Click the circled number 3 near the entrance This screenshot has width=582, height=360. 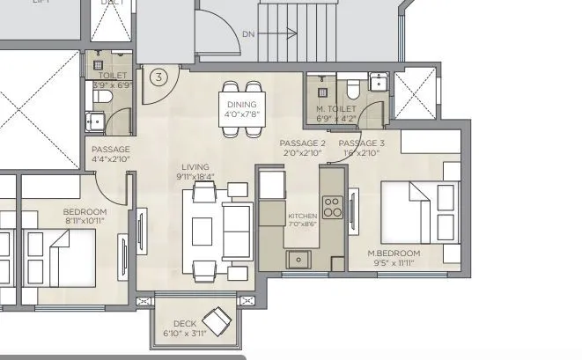[x=158, y=77]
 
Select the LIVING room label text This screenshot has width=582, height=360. [x=195, y=166]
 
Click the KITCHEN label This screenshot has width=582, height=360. [x=302, y=216]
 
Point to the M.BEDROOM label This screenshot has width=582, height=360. [x=394, y=253]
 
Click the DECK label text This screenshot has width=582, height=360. [x=184, y=323]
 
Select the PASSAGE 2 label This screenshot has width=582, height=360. [x=302, y=143]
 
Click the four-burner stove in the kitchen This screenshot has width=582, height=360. [x=333, y=208]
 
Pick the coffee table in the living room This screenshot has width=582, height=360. [x=203, y=230]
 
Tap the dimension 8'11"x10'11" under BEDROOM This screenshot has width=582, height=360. [x=85, y=222]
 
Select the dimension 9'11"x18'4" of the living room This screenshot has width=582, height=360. [x=195, y=176]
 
